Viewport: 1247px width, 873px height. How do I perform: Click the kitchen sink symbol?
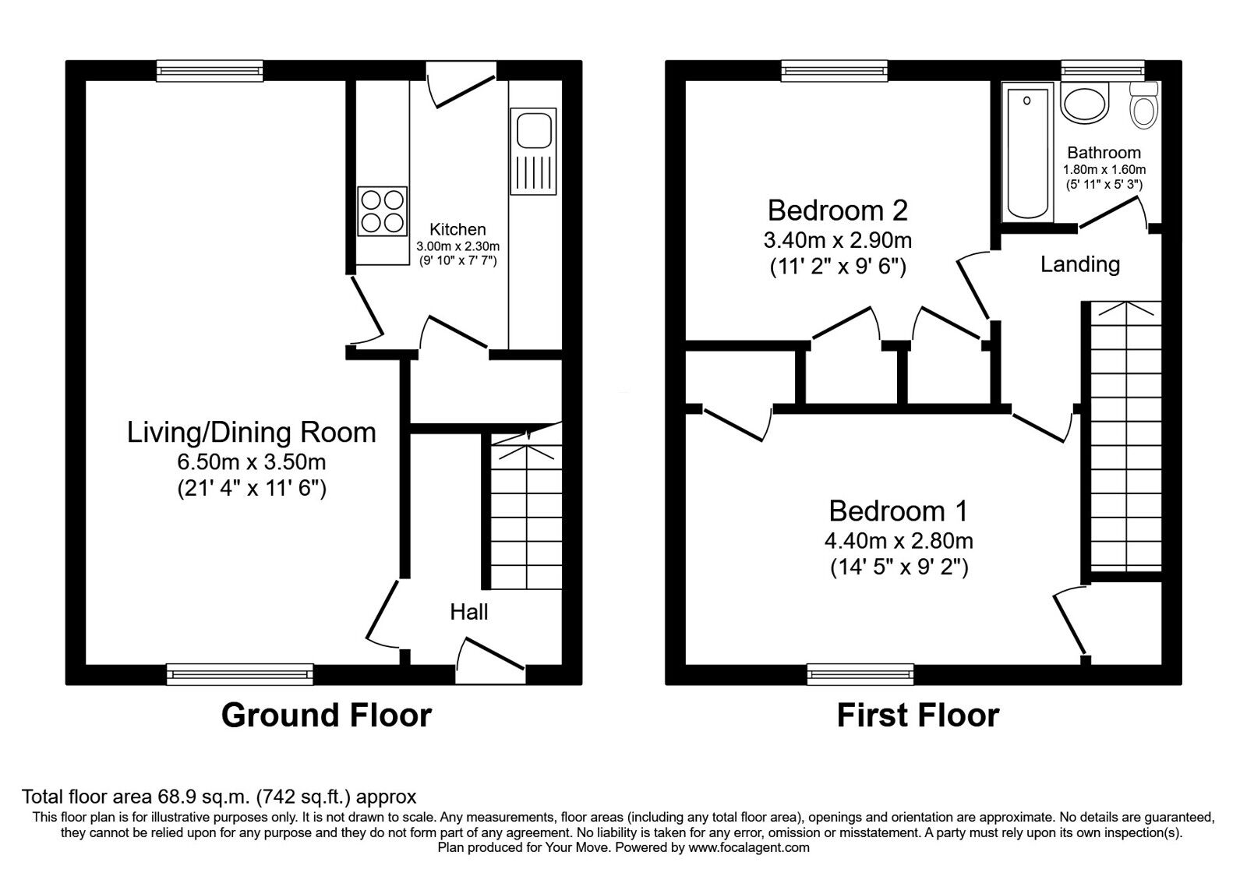click(534, 151)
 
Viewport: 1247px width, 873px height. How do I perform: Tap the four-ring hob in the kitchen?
click(383, 210)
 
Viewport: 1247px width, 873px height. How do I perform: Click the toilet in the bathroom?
click(1144, 106)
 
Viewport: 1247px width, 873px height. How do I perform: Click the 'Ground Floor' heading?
click(326, 715)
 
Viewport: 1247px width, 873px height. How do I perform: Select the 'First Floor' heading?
click(917, 715)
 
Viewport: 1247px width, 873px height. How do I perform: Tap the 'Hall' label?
click(469, 612)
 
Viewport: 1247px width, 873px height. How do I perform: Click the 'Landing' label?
click(1079, 265)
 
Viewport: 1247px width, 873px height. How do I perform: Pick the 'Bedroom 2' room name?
click(838, 210)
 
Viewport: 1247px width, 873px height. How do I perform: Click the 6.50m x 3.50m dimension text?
click(252, 462)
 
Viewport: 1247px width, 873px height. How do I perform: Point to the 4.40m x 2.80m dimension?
click(899, 540)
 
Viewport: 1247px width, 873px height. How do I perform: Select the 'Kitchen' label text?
click(457, 229)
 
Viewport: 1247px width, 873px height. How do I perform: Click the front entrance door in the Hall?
click(491, 655)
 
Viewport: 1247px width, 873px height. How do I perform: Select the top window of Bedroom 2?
click(835, 72)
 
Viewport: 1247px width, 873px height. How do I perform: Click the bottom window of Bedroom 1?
click(860, 674)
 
